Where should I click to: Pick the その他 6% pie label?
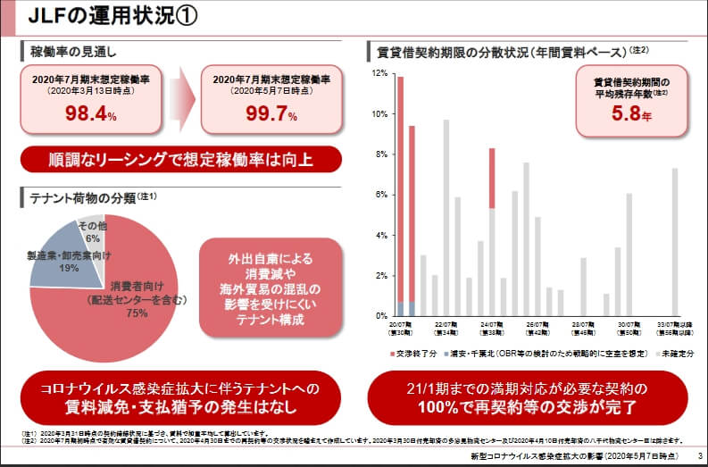pos(92,231)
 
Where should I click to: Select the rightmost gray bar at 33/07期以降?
pos(675,242)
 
